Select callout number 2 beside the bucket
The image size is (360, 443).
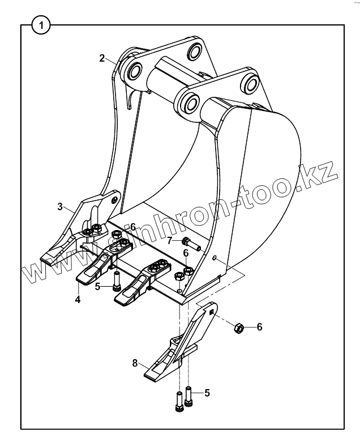(102, 58)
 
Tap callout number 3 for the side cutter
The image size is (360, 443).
(60, 207)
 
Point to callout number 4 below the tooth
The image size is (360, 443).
(78, 299)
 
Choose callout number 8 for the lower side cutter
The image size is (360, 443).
(135, 363)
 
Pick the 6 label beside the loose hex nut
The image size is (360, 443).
(259, 327)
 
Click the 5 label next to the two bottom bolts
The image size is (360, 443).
(207, 392)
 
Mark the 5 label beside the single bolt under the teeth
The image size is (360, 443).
(97, 287)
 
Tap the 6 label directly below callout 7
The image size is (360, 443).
(186, 253)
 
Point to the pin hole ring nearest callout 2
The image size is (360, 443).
(135, 71)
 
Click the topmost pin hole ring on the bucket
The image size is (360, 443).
(195, 52)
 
